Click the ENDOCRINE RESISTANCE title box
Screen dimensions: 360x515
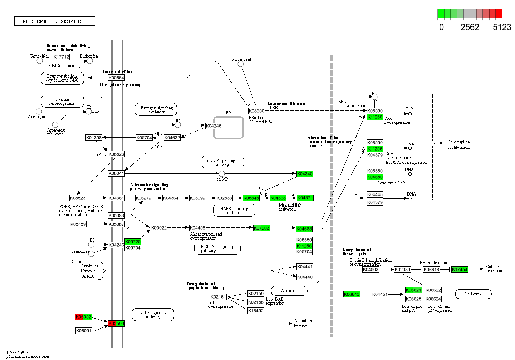[55, 21]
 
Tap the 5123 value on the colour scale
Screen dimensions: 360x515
[502, 27]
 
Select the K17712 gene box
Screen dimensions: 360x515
[61, 57]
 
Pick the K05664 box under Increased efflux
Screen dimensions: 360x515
[116, 78]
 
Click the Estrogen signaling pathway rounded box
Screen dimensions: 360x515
[156, 110]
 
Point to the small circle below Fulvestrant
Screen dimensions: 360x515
[241, 64]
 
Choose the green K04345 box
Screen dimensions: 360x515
[305, 174]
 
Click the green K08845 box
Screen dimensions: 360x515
[251, 198]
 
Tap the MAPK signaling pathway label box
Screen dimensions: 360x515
[234, 210]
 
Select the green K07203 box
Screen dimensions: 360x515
[261, 228]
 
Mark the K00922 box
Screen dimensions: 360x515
[159, 228]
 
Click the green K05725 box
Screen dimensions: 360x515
[133, 242]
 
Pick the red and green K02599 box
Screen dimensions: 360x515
[116, 324]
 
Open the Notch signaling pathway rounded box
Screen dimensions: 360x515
[153, 315]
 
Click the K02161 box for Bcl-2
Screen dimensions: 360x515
[218, 297]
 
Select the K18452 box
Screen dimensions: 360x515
[256, 311]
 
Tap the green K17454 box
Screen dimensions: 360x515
[460, 270]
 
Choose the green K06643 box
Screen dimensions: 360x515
[352, 294]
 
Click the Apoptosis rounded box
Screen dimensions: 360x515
[289, 291]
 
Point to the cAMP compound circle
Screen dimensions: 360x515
[222, 174]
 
